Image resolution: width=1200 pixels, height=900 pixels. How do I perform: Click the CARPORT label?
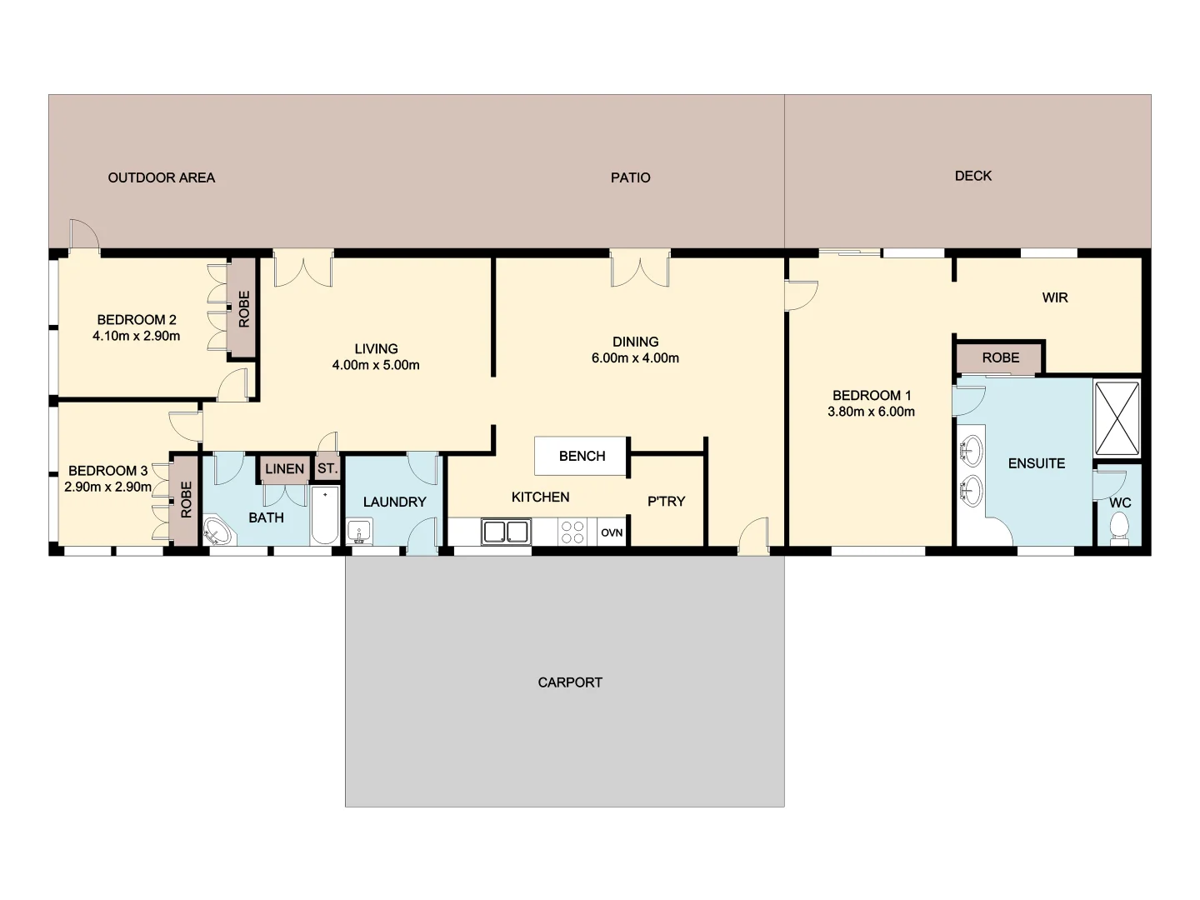tap(570, 682)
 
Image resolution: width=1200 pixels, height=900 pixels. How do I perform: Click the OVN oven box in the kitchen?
tap(612, 532)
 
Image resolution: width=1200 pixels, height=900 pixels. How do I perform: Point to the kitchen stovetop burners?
tap(572, 532)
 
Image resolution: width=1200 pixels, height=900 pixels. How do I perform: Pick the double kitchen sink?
tap(506, 532)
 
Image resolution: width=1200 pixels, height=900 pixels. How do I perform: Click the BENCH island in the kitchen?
tap(582, 456)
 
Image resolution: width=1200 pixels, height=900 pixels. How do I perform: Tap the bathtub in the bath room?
tap(325, 516)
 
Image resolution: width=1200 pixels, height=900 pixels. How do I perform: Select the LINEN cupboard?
tap(284, 469)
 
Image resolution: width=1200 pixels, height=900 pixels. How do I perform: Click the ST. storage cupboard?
tap(327, 468)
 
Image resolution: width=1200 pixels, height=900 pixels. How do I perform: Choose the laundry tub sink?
tap(359, 531)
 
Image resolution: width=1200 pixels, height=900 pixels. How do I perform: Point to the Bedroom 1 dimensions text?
tap(871, 412)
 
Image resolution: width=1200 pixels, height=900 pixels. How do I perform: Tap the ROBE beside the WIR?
tap(1000, 357)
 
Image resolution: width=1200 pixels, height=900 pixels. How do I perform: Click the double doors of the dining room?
tap(640, 268)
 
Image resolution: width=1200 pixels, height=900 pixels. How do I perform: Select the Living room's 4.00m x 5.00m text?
tap(376, 365)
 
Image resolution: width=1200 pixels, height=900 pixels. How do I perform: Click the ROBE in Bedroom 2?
tap(243, 308)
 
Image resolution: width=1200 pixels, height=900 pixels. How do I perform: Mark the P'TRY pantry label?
tap(666, 502)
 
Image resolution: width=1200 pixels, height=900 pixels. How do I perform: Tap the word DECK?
tap(972, 176)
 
